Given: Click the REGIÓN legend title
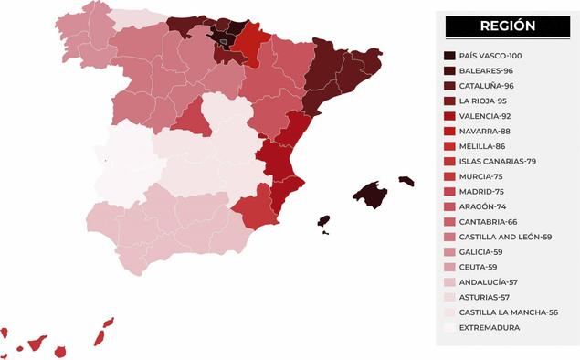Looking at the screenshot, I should (x=501, y=26).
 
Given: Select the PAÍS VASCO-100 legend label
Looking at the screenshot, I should (x=490, y=56).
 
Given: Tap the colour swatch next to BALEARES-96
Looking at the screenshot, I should (x=449, y=70).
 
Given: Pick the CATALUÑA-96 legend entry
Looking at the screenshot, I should (x=486, y=86).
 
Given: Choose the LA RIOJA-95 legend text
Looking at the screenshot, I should (x=484, y=101).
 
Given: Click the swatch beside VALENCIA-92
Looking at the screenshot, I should (x=449, y=116).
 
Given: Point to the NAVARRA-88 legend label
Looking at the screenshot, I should (x=485, y=131).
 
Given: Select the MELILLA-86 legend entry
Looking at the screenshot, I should (x=482, y=146).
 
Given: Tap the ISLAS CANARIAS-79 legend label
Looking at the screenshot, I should (x=497, y=161).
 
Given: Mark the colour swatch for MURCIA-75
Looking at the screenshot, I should (x=449, y=176).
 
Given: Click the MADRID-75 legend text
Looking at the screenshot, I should (x=482, y=191).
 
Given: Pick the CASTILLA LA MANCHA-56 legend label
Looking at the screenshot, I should (x=507, y=312).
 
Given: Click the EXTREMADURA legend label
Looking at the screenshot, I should (x=490, y=327).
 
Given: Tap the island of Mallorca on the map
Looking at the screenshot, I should (x=370, y=194).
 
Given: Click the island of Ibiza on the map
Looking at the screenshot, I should (x=323, y=221).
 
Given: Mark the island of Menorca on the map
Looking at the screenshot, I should (x=406, y=181).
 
